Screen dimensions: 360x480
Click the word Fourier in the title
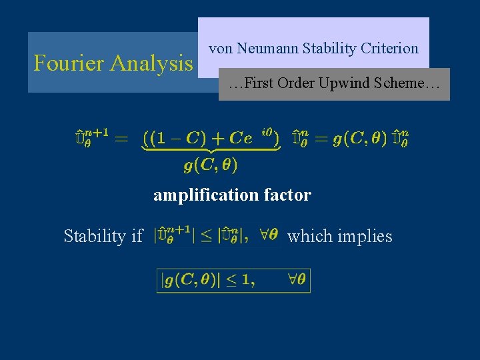[x=70, y=63]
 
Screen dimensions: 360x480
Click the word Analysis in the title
[x=151, y=63]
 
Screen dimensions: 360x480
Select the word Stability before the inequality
[x=94, y=236]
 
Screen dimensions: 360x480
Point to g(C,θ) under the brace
[x=211, y=164]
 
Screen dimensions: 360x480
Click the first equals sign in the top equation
[x=122, y=138]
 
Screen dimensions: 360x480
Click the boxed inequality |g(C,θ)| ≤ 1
[x=233, y=281]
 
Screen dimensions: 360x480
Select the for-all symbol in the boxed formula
[x=292, y=280]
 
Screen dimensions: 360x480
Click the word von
[x=221, y=49]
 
